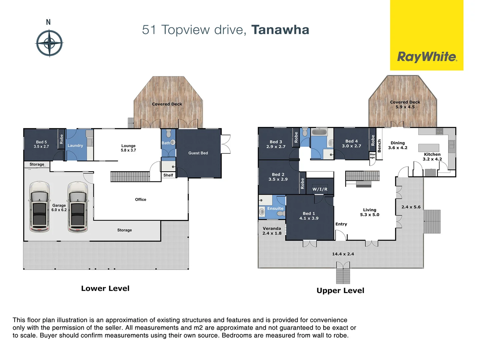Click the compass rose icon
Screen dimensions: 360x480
[49, 43]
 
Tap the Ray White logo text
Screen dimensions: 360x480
[427, 57]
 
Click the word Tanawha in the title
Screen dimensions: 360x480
[280, 30]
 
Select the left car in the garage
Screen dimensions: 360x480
[40, 207]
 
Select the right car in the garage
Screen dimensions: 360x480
[78, 207]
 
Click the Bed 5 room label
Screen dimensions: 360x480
[41, 144]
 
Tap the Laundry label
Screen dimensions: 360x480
[75, 146]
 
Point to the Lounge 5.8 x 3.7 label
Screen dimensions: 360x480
[128, 148]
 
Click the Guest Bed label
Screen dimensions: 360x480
[198, 153]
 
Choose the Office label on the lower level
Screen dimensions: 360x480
[140, 199]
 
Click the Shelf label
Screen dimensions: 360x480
[168, 175]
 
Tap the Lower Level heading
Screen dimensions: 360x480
[105, 288]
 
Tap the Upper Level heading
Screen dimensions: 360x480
[340, 290]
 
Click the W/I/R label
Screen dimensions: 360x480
[320, 189]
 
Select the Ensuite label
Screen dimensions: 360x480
[275, 208]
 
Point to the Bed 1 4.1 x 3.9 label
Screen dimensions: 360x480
[309, 216]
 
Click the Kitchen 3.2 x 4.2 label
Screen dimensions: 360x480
[432, 157]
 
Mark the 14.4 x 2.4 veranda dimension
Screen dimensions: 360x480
[343, 254]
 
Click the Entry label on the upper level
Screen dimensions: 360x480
[341, 224]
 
